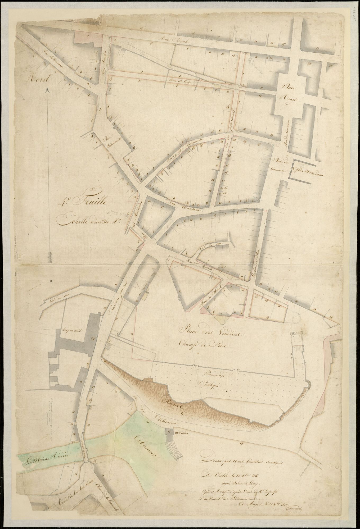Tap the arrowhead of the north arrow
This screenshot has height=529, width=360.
tap(48, 90)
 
